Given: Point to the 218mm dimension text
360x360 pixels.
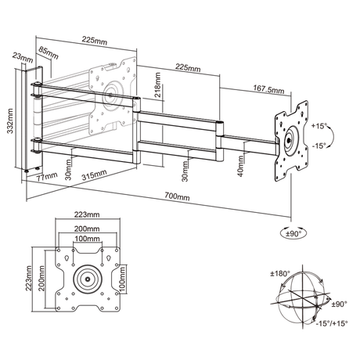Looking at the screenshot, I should click(x=157, y=84).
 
